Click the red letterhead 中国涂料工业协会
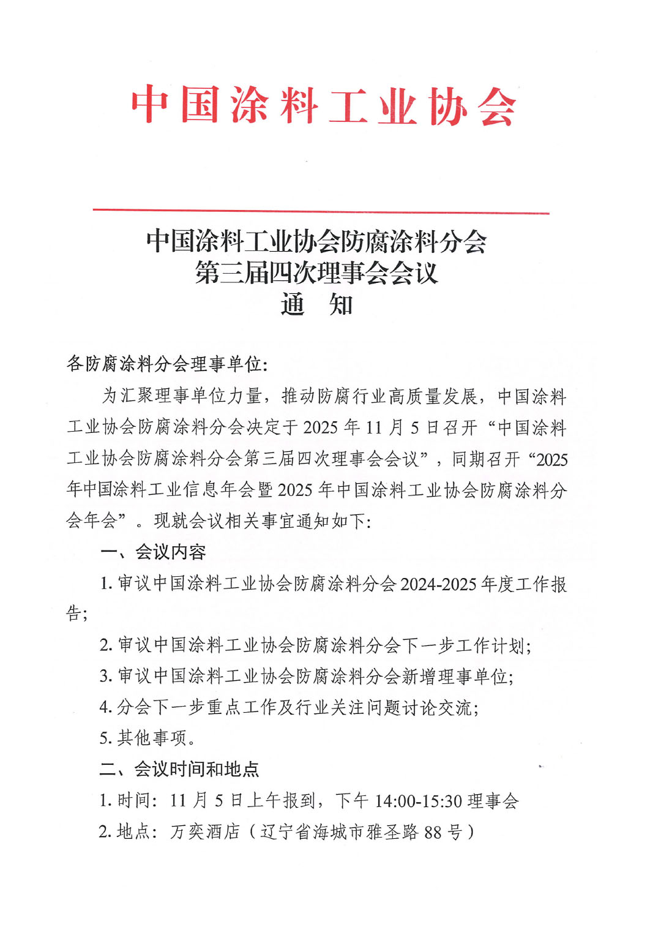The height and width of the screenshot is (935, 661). [323, 106]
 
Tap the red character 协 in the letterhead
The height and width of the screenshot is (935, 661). [447, 106]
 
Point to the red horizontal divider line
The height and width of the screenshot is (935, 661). [321, 212]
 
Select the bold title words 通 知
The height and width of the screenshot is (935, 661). [316, 304]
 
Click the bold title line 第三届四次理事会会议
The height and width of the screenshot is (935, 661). [316, 272]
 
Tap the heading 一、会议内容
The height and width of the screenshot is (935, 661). [153, 552]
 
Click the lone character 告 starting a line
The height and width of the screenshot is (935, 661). [73, 613]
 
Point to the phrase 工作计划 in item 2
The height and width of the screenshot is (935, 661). [490, 645]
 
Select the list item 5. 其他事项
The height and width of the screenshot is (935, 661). [148, 738]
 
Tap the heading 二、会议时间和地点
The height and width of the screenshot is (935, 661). [179, 769]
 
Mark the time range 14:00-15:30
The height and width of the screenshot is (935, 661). [418, 801]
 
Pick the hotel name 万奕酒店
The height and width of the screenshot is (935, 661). [205, 832]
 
